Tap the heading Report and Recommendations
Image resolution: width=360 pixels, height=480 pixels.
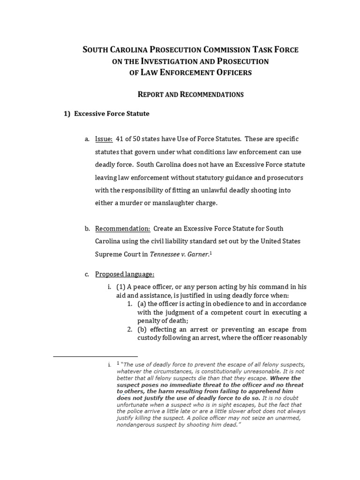coord(190,94)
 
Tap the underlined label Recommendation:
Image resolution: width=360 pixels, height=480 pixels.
coord(122,228)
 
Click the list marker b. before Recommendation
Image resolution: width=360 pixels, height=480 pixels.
coord(87,228)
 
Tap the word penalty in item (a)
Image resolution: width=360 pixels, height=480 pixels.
coord(150,321)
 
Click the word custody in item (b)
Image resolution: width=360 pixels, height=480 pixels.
coord(150,337)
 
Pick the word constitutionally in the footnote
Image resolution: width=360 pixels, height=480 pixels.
coord(211,371)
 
